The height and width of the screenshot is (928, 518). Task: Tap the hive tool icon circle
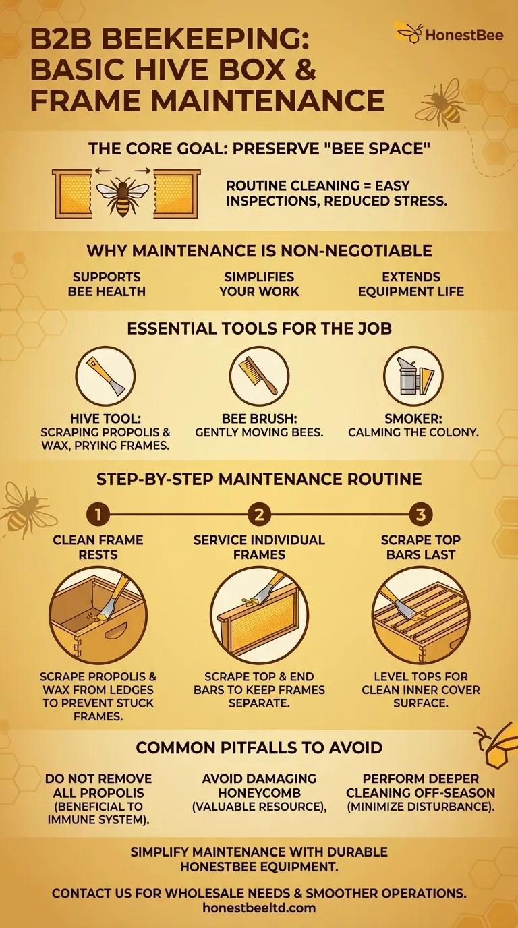(105, 376)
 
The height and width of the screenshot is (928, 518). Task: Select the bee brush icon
(259, 376)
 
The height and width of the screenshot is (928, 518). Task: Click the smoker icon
(413, 376)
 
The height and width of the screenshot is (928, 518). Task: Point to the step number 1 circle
(97, 515)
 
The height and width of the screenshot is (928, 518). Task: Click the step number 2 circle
(259, 515)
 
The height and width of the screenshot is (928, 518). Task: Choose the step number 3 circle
(420, 515)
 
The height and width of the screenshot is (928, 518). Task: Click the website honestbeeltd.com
(259, 908)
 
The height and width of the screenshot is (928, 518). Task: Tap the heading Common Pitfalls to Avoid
(259, 747)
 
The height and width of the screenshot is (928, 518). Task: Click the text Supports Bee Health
(107, 284)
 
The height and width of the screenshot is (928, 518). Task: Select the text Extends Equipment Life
(411, 284)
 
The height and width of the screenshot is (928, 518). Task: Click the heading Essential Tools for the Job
(259, 330)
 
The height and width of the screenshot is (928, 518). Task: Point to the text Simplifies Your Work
(259, 284)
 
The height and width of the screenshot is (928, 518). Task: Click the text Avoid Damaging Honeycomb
(259, 785)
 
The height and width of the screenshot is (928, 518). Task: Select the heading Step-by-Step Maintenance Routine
(259, 479)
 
